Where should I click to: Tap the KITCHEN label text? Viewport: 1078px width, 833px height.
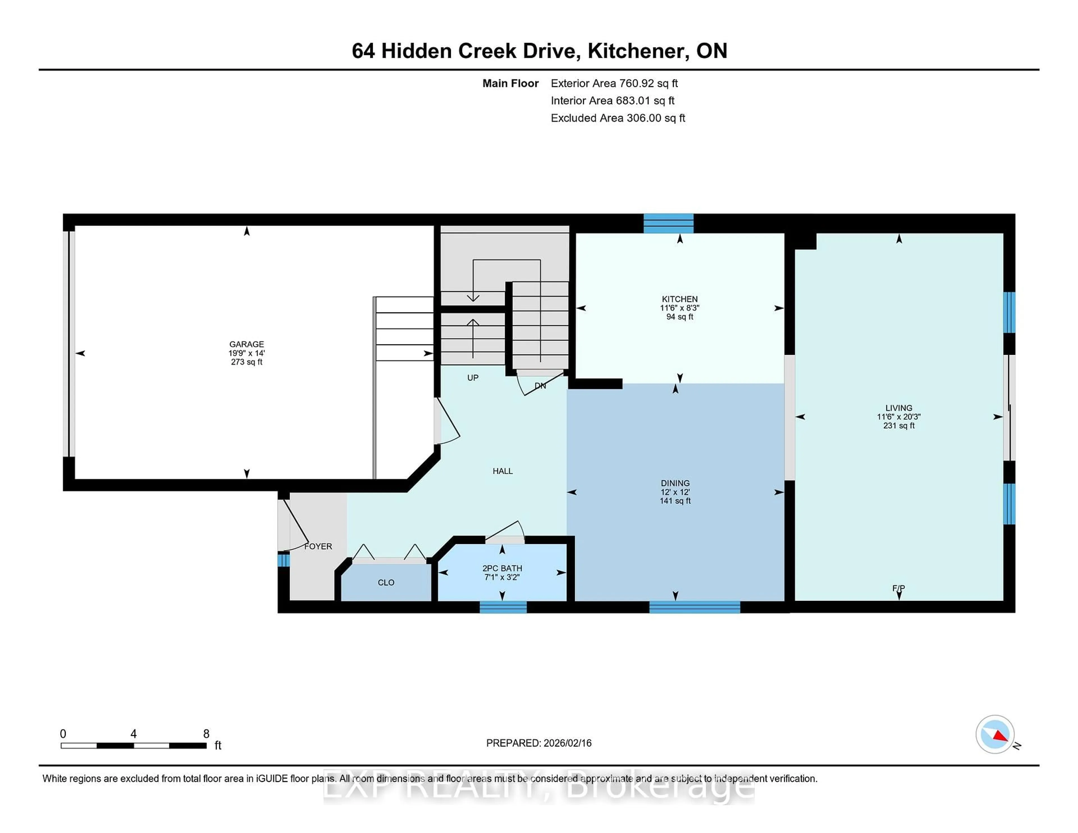point(680,299)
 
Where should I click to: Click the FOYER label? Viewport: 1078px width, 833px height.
point(318,546)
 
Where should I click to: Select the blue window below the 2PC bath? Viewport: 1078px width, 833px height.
point(503,607)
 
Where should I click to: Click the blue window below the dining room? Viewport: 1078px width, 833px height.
point(695,607)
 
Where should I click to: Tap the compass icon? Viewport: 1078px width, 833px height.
point(995,734)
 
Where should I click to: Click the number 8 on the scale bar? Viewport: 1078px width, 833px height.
point(206,734)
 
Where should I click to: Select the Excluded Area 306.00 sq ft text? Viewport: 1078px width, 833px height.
point(618,118)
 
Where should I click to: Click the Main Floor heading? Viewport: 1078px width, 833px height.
point(510,83)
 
